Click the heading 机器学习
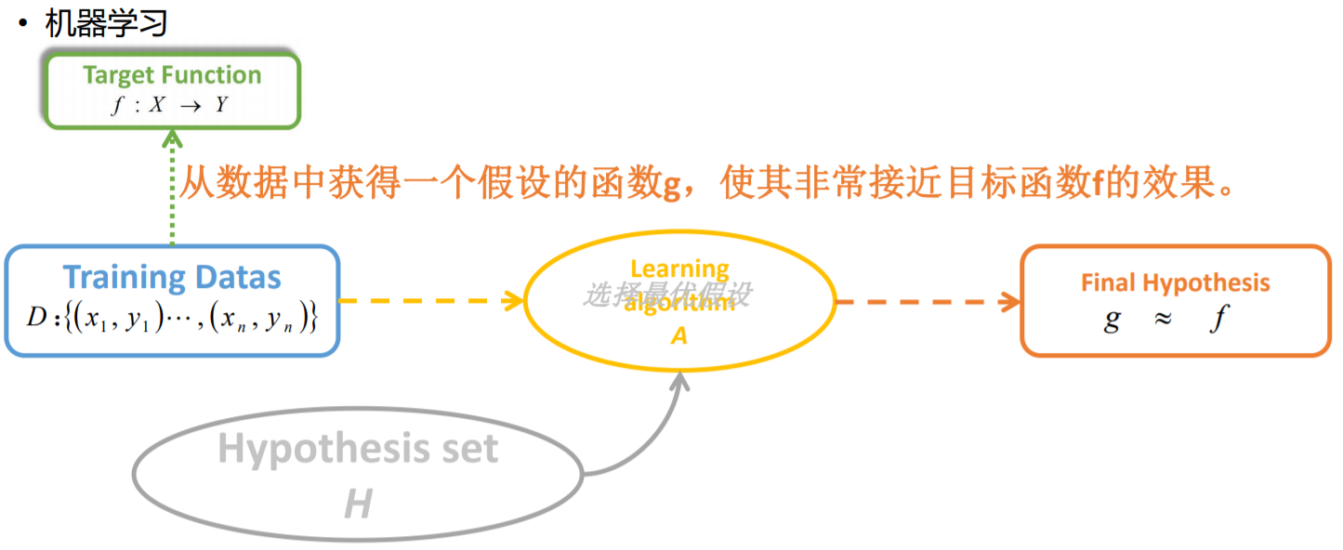pos(106,22)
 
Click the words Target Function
pos(172,75)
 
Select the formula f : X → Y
pos(170,105)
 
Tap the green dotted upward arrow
pos(172,186)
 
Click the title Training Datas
pos(172,277)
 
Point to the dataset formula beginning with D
pos(172,319)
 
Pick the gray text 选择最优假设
pos(666,295)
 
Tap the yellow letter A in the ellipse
pos(678,335)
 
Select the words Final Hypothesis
pos(1175,283)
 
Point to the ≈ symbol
pos(1162,319)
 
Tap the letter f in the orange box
pos(1218,320)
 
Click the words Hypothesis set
pos(358,450)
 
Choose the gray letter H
pos(358,504)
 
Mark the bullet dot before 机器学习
pos(22,22)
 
